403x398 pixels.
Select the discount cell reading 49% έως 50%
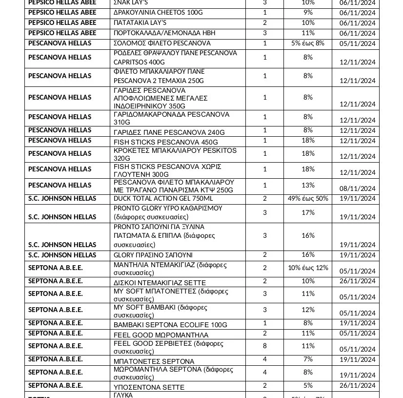(x=308, y=199)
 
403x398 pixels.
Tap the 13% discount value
(x=308, y=185)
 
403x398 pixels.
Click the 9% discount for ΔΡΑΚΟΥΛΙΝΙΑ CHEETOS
(x=308, y=12)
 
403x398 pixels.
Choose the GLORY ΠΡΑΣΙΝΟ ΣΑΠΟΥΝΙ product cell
(x=153, y=255)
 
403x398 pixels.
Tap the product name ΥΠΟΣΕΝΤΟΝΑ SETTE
(x=149, y=387)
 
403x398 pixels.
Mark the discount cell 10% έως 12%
(x=308, y=268)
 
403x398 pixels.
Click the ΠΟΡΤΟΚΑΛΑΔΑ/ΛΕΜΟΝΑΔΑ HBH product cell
(x=164, y=33)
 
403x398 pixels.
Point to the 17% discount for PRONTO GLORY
(x=308, y=212)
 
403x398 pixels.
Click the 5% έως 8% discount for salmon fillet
(x=308, y=43)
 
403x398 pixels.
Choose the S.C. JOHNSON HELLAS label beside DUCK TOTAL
(x=62, y=199)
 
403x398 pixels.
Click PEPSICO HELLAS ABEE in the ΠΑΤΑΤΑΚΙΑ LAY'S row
(x=62, y=23)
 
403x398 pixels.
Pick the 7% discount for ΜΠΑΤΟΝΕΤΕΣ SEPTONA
(x=308, y=359)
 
